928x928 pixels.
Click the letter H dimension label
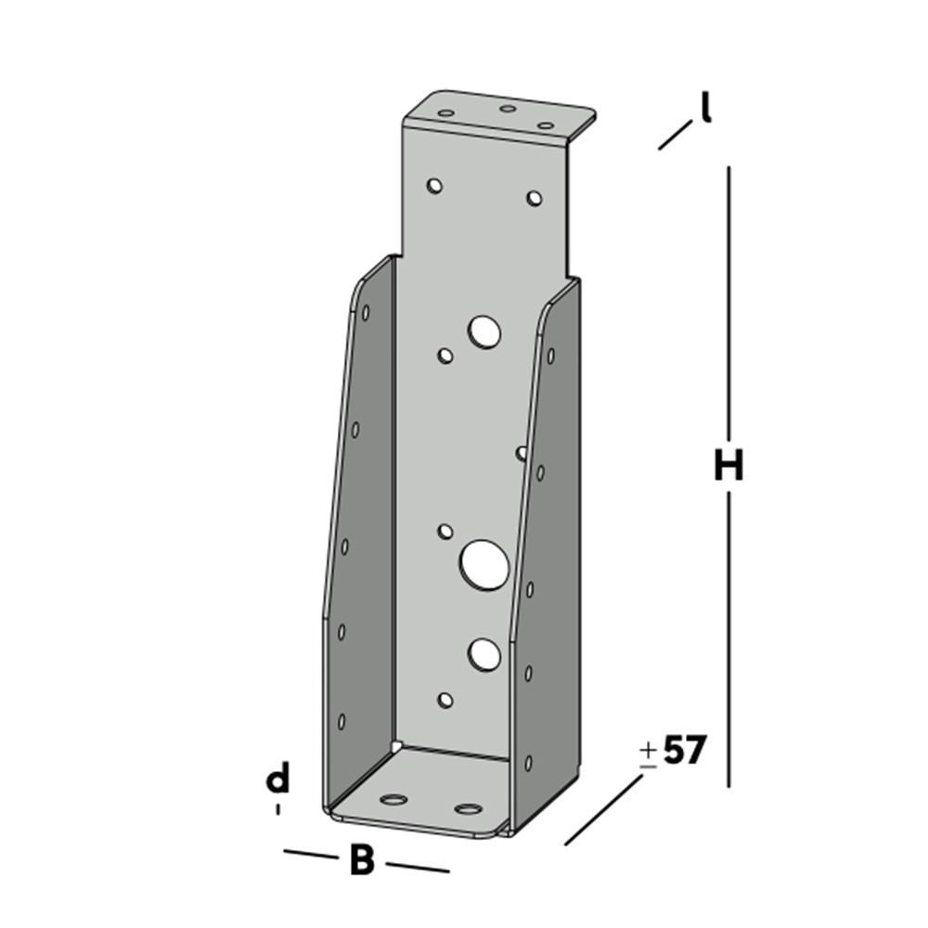coord(728,466)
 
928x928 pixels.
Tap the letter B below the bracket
coord(361,861)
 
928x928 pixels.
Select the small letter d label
coord(277,780)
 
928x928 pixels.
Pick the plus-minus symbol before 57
coord(649,754)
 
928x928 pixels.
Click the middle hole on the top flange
coord(507,109)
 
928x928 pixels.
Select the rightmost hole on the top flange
coord(547,125)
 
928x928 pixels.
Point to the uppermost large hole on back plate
coord(484,331)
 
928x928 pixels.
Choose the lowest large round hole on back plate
coord(484,654)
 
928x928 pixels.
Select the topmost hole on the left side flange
coord(366,313)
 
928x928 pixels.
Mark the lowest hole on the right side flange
coord(528,763)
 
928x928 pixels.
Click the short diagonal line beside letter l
coord(675,135)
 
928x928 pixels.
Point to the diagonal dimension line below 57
coord(603,810)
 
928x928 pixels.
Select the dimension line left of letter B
coord(311,855)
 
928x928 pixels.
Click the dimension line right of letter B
coord(418,867)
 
